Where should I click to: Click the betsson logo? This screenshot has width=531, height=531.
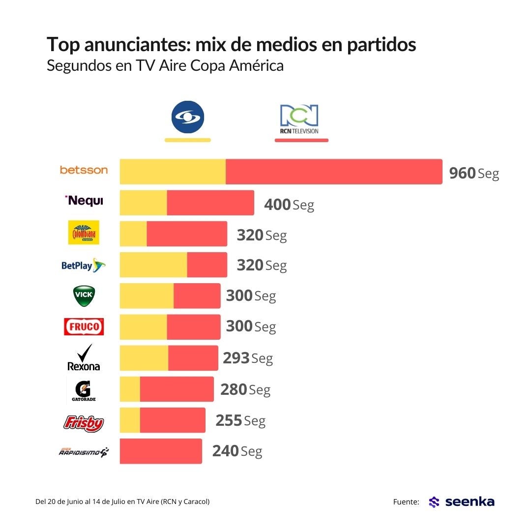[84, 170]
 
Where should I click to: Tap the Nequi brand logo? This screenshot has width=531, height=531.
[84, 201]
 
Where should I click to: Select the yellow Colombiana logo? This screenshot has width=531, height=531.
[84, 233]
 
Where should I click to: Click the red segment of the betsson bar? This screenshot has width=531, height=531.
[334, 172]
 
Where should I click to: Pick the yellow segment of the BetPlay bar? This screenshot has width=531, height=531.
[153, 265]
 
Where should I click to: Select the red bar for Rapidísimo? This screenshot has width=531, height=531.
[161, 451]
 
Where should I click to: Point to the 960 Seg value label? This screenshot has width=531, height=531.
[474, 173]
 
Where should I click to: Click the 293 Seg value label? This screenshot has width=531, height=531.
[248, 358]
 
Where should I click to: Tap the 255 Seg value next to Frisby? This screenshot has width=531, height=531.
[240, 420]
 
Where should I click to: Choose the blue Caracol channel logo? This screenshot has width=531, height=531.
[187, 118]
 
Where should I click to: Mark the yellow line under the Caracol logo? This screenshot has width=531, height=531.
[187, 140]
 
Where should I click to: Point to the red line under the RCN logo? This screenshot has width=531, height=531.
[301, 140]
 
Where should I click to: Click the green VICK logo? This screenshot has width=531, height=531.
[84, 295]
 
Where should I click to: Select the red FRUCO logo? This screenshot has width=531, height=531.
[84, 326]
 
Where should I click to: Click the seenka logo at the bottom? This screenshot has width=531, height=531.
[462, 502]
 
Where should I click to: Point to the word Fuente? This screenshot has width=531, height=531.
[406, 502]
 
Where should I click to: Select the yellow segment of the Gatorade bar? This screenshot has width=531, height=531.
[130, 389]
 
